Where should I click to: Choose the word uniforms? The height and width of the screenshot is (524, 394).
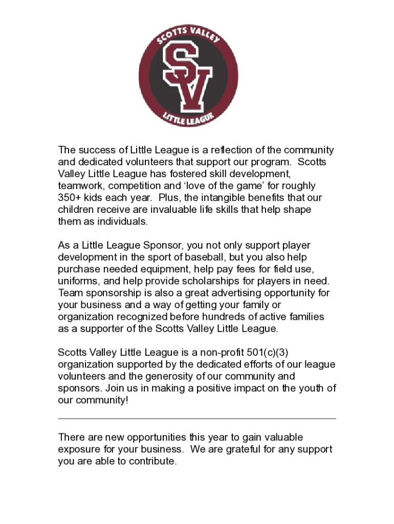[x=77, y=281]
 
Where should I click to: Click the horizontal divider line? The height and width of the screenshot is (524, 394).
[x=197, y=419]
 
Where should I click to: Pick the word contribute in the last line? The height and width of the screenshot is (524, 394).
[x=151, y=462]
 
